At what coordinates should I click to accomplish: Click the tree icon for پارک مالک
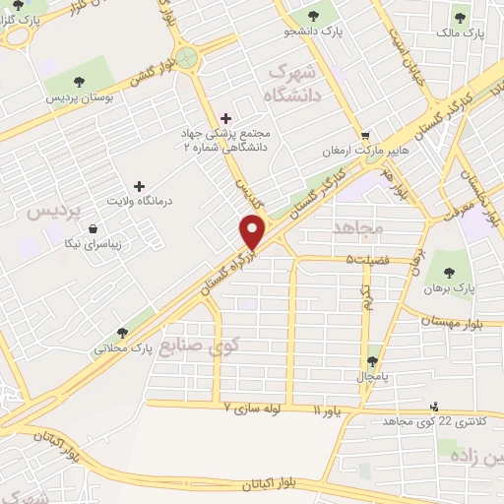(x=458, y=17)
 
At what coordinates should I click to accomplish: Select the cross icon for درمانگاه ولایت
(x=139, y=184)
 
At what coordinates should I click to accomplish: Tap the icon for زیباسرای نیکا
(x=92, y=228)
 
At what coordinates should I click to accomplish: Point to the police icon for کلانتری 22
(x=434, y=406)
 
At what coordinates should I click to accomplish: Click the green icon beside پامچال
(x=371, y=362)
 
